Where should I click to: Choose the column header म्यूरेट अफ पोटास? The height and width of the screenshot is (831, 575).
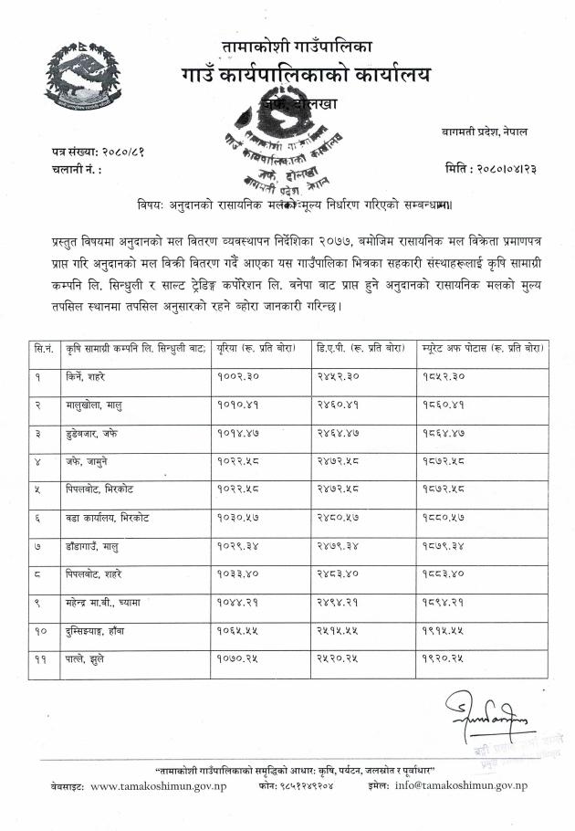click(x=484, y=349)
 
